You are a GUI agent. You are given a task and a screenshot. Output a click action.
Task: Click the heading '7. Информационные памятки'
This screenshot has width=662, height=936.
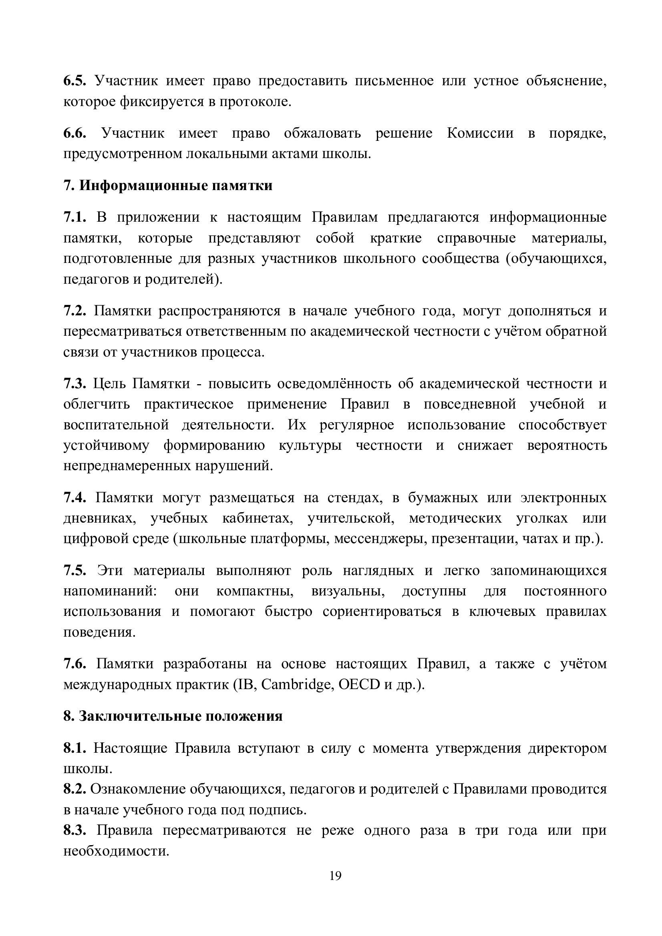click(168, 186)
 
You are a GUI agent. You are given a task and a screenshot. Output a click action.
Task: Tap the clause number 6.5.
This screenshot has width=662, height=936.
click(74, 81)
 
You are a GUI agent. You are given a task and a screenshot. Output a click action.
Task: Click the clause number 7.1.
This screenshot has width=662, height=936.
click(74, 217)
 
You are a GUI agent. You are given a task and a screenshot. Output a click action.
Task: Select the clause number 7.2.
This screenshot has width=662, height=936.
click(74, 311)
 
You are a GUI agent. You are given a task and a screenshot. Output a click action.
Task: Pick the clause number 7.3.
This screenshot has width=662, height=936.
click(74, 384)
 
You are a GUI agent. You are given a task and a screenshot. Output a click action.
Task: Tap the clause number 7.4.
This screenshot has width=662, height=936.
click(74, 498)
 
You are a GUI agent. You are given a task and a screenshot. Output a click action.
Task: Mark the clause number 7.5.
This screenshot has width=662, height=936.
click(74, 570)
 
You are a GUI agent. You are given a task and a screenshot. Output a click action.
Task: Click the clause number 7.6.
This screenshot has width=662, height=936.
click(74, 664)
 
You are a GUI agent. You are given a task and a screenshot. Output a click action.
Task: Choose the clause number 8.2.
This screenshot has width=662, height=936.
click(74, 789)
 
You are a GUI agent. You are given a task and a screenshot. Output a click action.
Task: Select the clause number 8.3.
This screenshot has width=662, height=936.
click(74, 830)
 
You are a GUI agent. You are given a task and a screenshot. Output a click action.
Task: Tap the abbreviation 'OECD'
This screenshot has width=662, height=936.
click(359, 685)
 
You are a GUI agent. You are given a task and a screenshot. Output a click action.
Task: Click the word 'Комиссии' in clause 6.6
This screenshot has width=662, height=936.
click(480, 133)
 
